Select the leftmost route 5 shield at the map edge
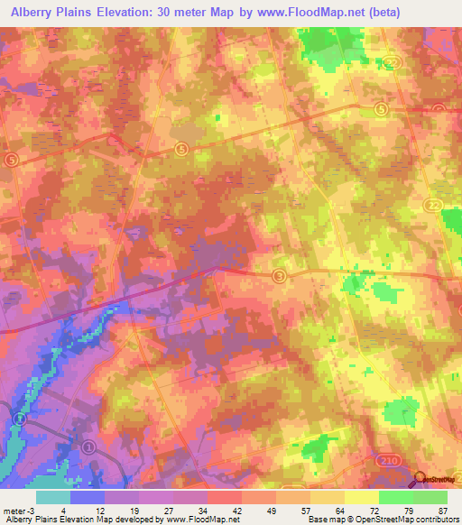point(11,159)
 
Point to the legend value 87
point(443,510)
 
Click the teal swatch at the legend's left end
point(53,497)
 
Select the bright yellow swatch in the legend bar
point(362,497)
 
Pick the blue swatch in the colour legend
point(88,497)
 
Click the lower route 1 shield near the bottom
point(88,446)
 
